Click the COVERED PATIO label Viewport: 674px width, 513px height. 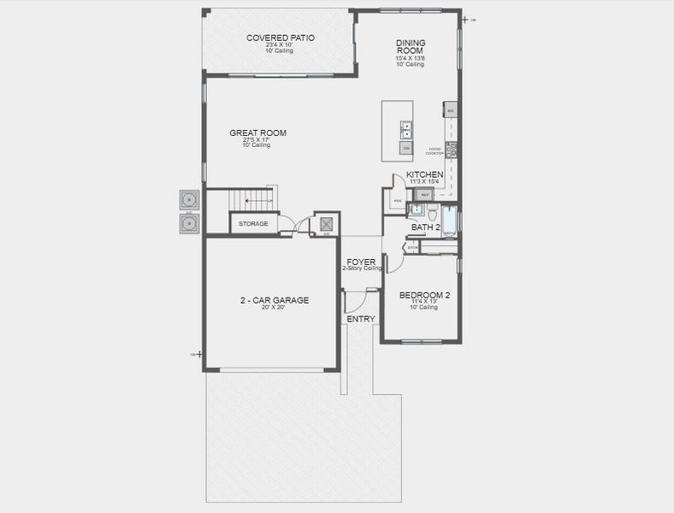point(280,38)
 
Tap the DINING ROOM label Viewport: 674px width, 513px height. point(411,48)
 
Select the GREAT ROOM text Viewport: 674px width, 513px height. point(257,133)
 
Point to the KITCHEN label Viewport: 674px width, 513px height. point(424,174)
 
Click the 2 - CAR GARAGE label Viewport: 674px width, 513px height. point(274,300)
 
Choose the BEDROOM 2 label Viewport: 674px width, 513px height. point(424,295)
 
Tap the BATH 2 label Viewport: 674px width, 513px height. point(425,227)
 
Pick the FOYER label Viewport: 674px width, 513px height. point(360,262)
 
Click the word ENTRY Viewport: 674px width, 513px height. point(360,319)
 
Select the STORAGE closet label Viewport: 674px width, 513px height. point(253,224)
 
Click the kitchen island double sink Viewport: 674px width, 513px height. point(406,129)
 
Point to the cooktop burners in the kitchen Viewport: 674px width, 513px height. point(452,149)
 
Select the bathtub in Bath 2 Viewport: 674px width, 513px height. point(449,221)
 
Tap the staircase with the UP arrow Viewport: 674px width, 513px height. point(254,201)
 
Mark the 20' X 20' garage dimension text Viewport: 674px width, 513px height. point(274,308)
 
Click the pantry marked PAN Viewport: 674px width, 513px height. point(396,201)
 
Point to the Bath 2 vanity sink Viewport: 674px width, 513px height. point(417,209)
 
